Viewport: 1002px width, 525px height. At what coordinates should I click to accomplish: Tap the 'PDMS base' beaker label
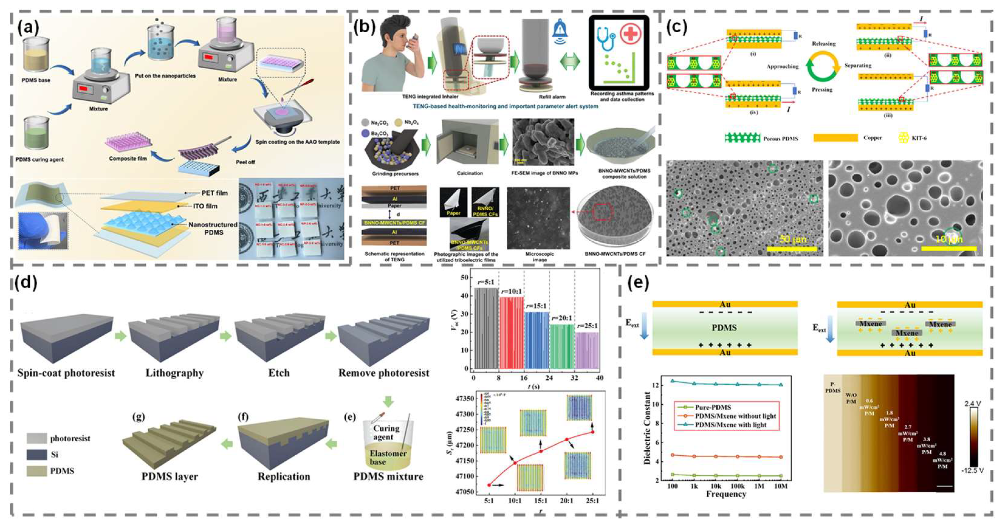pyautogui.click(x=36, y=80)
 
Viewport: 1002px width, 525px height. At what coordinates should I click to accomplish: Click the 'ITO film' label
pyautogui.click(x=205, y=206)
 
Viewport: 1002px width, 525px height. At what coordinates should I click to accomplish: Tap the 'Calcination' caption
pyautogui.click(x=470, y=173)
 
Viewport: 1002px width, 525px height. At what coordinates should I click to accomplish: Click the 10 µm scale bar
pyautogui.click(x=949, y=248)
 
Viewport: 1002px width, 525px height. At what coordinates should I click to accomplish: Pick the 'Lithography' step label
pyautogui.click(x=175, y=373)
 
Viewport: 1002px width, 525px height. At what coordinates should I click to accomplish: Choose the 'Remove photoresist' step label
pyautogui.click(x=384, y=373)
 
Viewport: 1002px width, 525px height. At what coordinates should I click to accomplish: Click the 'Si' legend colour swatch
pyautogui.click(x=37, y=455)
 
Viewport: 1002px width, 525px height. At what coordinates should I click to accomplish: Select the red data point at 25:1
pyautogui.click(x=592, y=432)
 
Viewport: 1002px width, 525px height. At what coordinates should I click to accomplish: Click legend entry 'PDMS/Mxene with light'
pyautogui.click(x=731, y=425)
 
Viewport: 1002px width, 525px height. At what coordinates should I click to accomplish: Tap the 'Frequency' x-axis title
pyautogui.click(x=726, y=494)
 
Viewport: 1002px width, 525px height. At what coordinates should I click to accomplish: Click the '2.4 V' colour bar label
pyautogui.click(x=973, y=404)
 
